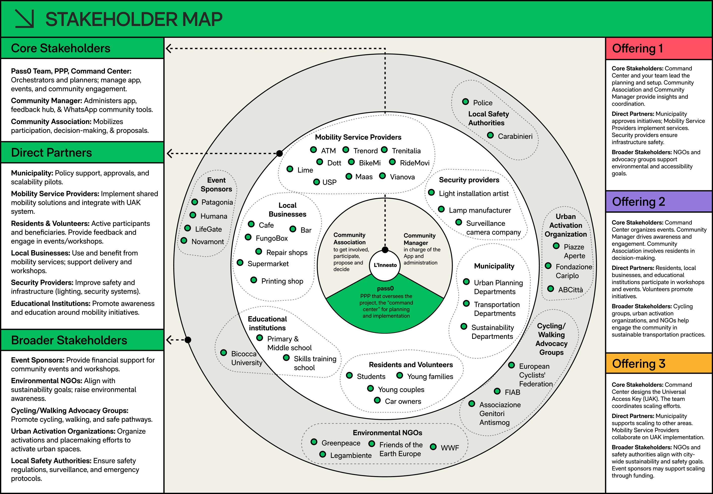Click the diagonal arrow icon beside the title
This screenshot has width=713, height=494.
[x=24, y=19]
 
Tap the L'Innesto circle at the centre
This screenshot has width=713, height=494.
[x=385, y=265]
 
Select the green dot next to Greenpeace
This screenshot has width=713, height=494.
[x=314, y=442]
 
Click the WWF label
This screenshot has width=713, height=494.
[x=450, y=448]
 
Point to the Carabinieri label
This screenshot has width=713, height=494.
[x=515, y=136]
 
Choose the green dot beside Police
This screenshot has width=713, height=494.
[x=465, y=102]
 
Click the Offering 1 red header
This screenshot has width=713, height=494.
[x=659, y=49]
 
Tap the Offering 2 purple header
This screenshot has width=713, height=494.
[x=659, y=202]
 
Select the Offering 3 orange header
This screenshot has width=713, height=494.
[x=659, y=363]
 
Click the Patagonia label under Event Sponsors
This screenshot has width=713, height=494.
[x=217, y=202]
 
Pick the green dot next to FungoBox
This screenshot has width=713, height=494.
[x=248, y=237]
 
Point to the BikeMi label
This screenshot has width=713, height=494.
[x=370, y=163]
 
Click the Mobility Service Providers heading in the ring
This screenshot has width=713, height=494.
[x=358, y=137]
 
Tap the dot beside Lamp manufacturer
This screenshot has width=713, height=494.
[x=441, y=209]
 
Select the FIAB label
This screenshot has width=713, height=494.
[x=512, y=392]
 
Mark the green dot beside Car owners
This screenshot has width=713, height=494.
[x=377, y=400]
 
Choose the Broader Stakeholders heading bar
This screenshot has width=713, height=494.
[x=82, y=340]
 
